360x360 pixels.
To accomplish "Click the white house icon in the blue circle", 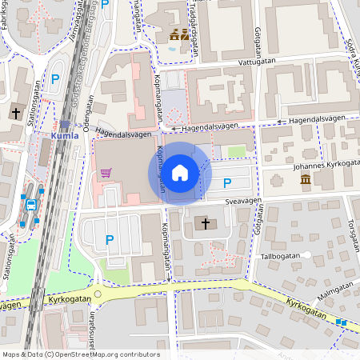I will pyautogui.click(x=180, y=173).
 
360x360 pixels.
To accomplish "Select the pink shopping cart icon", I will pyautogui.click(x=106, y=173).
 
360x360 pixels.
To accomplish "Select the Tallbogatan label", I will pyautogui.click(x=280, y=257).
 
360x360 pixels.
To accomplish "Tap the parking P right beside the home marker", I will pyautogui.click(x=216, y=182).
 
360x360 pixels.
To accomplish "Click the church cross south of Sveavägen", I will pyautogui.click(x=206, y=225).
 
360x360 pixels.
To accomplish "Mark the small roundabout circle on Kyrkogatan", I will pyautogui.click(x=98, y=294).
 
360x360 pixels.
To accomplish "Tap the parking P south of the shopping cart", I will pyautogui.click(x=110, y=238).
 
